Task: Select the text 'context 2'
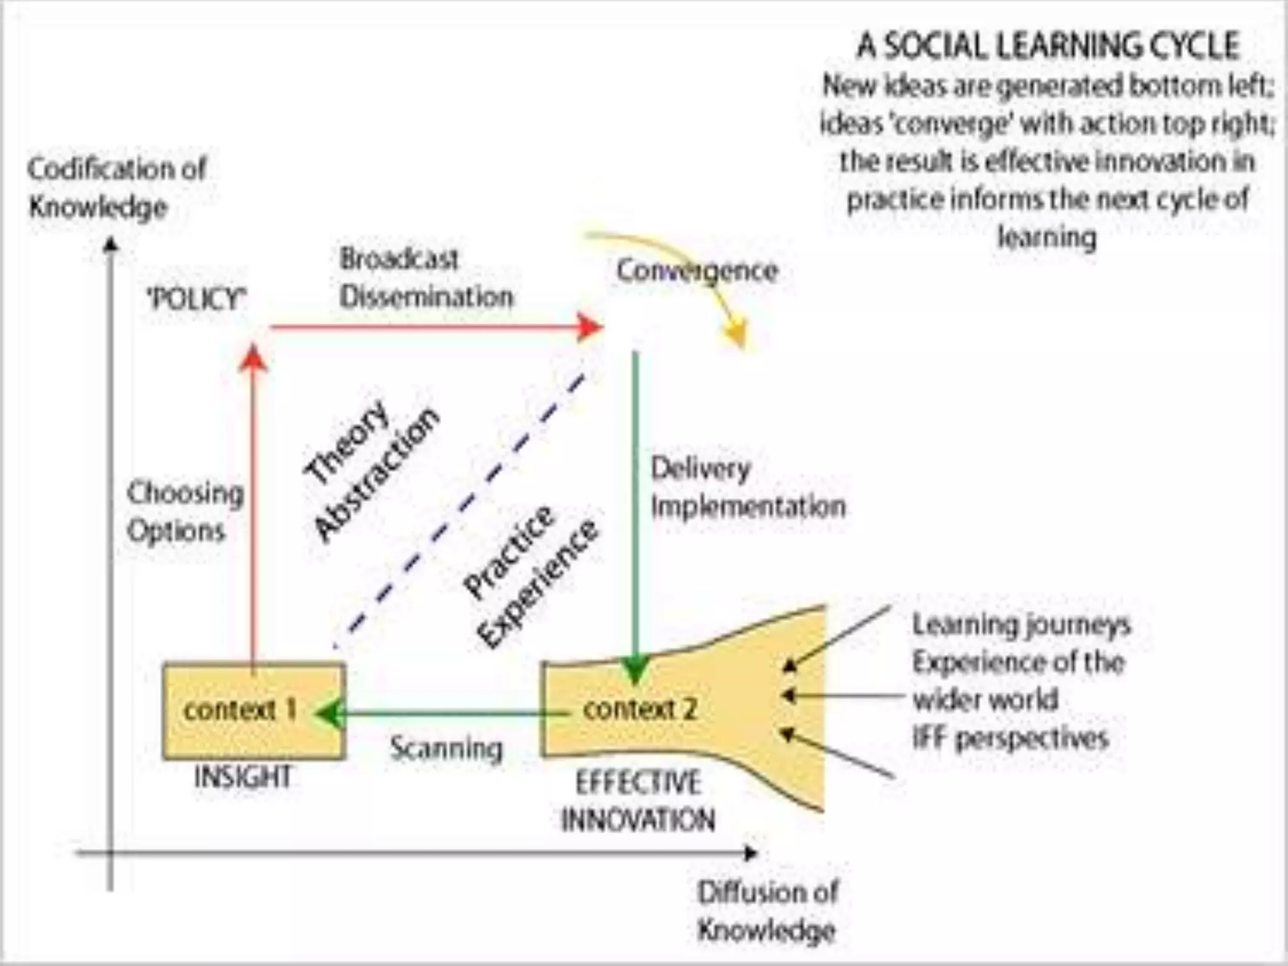pos(640,709)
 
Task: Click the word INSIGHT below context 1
pos(243,777)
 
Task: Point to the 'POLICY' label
pos(197,299)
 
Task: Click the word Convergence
pos(697,271)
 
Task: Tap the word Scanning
pos(447,748)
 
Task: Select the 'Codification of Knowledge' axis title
pos(116,187)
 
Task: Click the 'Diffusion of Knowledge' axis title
pos(767,911)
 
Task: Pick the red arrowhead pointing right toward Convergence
pos(589,327)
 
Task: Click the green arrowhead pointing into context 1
pos(329,714)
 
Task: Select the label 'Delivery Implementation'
pos(747,487)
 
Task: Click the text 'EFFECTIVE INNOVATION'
pos(638,801)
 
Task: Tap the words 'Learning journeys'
pos(1021,625)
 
